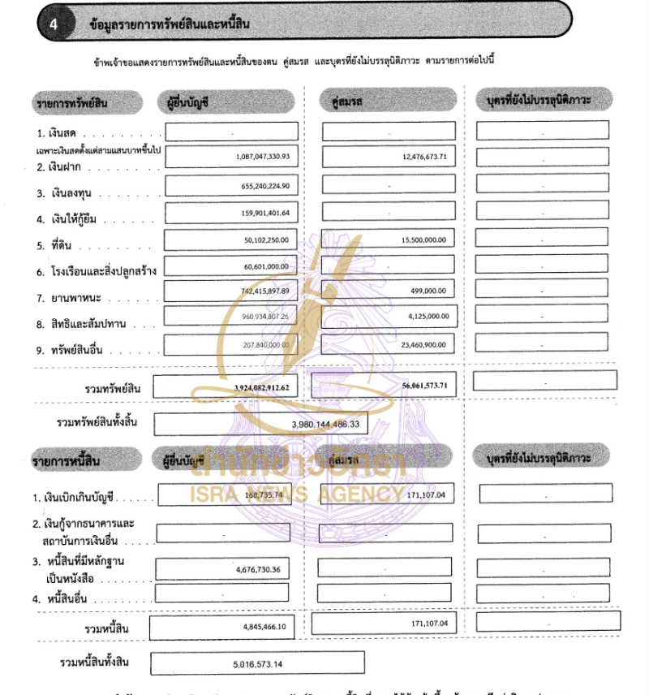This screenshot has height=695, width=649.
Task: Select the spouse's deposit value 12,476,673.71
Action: pyautogui.click(x=424, y=157)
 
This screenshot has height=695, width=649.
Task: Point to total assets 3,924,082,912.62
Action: pyautogui.click(x=261, y=389)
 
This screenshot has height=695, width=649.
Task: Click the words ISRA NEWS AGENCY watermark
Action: pyautogui.click(x=295, y=494)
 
